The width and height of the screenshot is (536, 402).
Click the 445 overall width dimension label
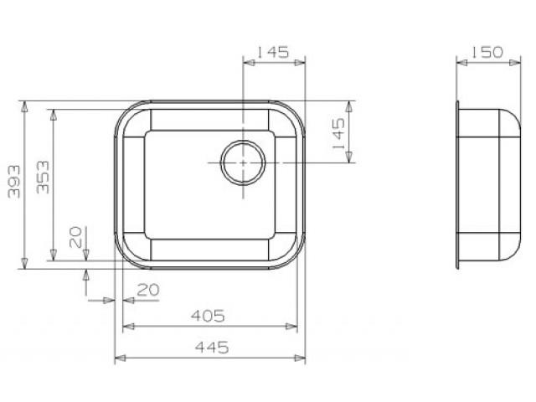click(x=212, y=348)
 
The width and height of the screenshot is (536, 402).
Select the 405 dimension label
click(x=208, y=316)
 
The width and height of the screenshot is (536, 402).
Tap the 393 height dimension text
click(x=14, y=182)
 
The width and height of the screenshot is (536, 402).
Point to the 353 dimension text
click(x=43, y=177)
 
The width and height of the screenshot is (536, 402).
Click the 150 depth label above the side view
click(x=487, y=52)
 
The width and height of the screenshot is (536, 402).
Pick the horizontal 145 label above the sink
click(x=273, y=52)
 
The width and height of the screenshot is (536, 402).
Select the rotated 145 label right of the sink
click(x=338, y=133)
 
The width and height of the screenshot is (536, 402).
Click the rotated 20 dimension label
click(x=75, y=237)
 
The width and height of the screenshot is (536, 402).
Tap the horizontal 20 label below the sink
click(x=148, y=290)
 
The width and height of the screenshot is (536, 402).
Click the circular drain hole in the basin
click(x=243, y=162)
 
